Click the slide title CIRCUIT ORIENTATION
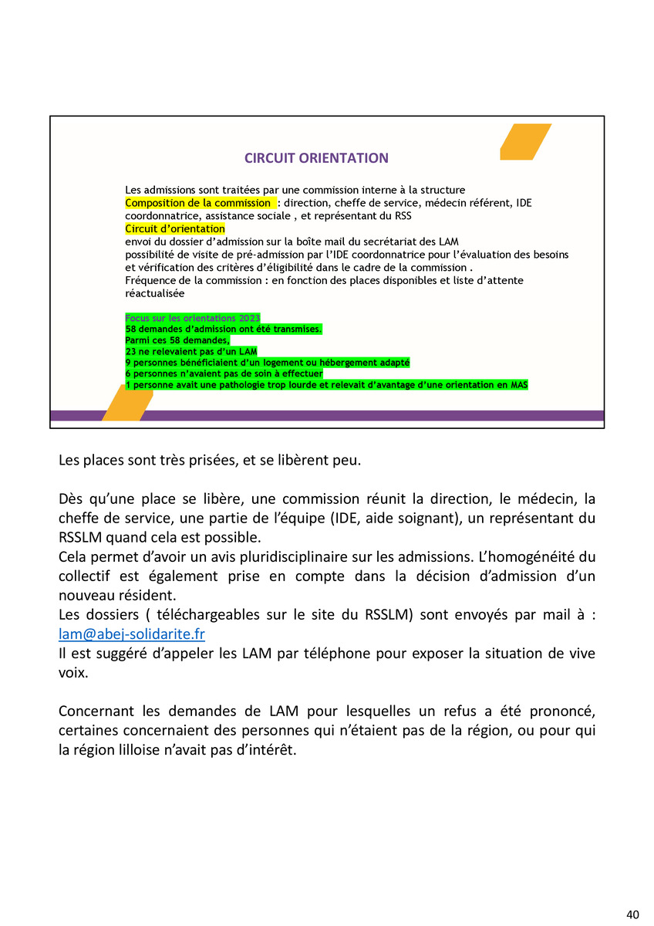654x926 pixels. (316, 158)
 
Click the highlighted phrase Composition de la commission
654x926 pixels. (199, 203)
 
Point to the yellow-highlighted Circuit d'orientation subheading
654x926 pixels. (174, 229)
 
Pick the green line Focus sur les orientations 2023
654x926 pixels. (192, 318)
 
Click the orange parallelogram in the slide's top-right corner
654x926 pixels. (524, 142)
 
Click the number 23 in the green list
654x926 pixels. (130, 351)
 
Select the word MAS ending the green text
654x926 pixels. (519, 384)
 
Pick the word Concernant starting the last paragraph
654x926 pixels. (95, 710)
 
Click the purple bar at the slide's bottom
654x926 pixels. (370, 415)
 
